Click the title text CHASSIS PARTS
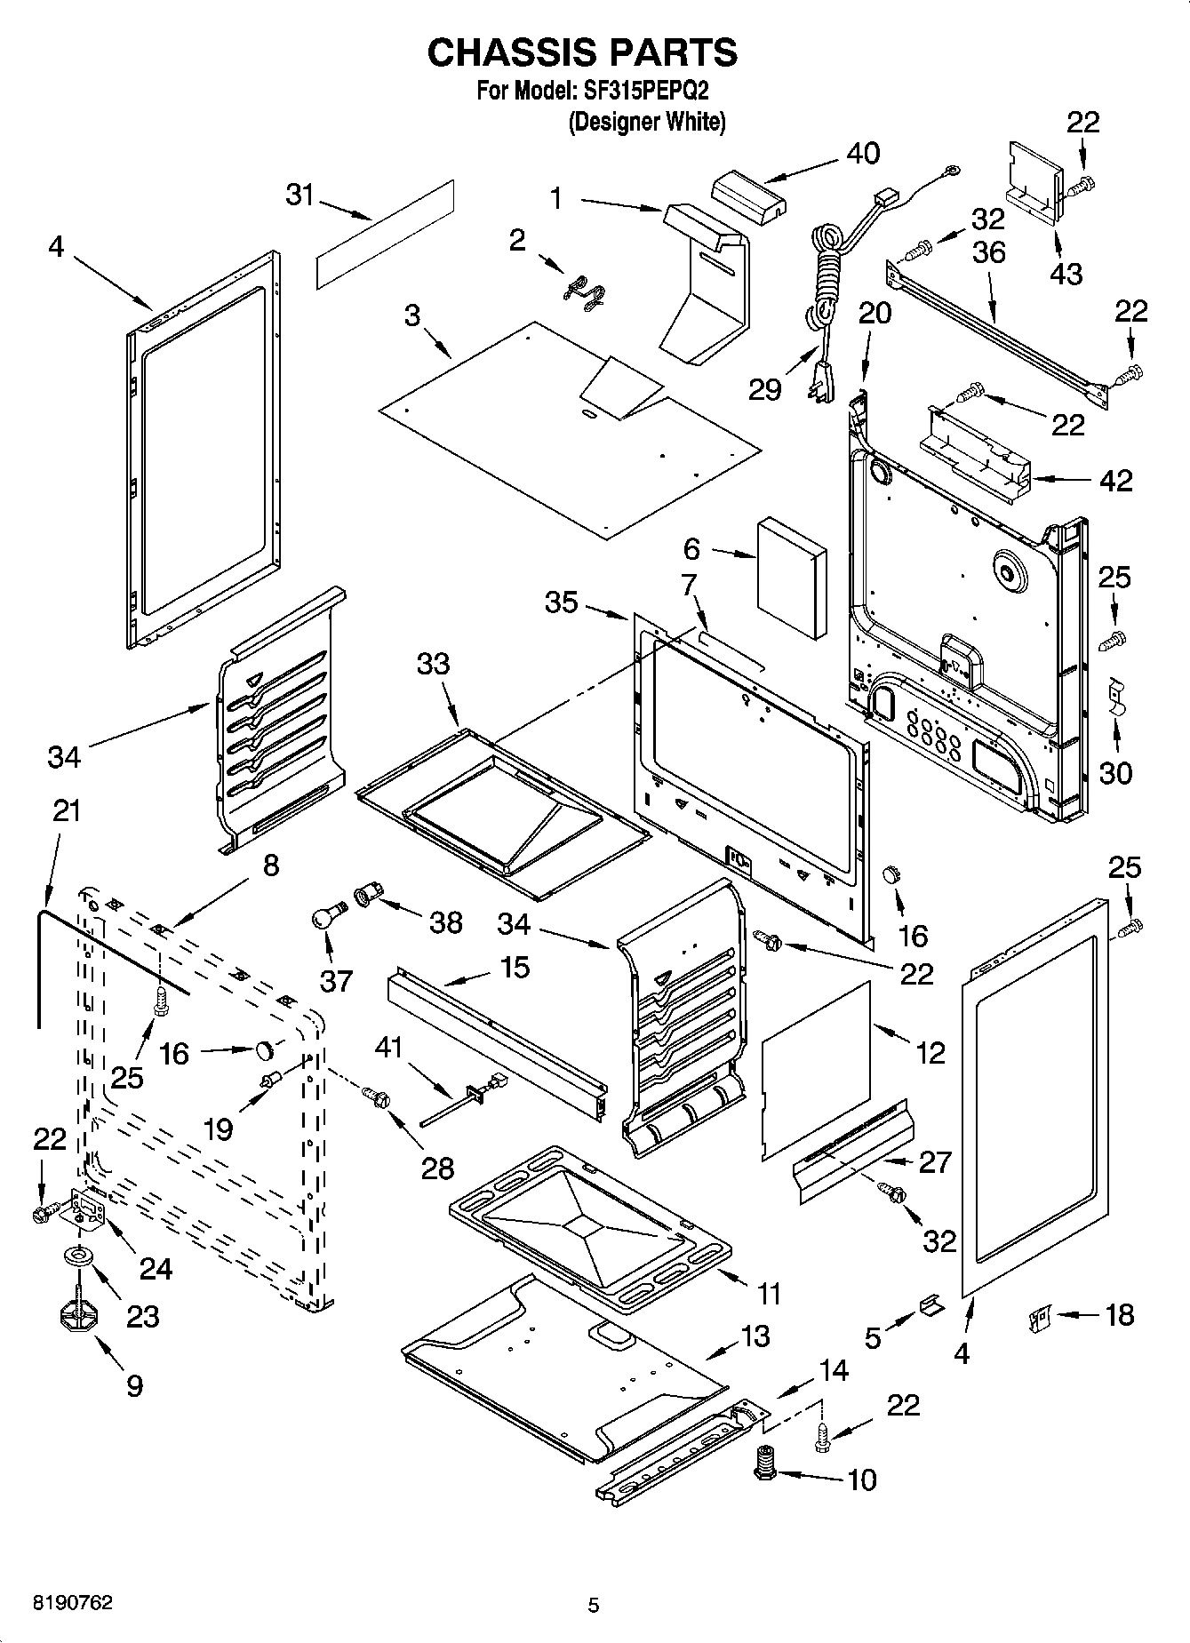click(x=582, y=53)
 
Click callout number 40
click(x=862, y=153)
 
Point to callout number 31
click(x=300, y=194)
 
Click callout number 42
click(x=1116, y=480)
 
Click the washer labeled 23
click(x=79, y=1256)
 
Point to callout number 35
click(x=562, y=602)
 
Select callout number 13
click(x=755, y=1336)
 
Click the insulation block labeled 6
click(x=791, y=579)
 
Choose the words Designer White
click(x=647, y=122)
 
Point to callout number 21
click(x=67, y=810)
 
